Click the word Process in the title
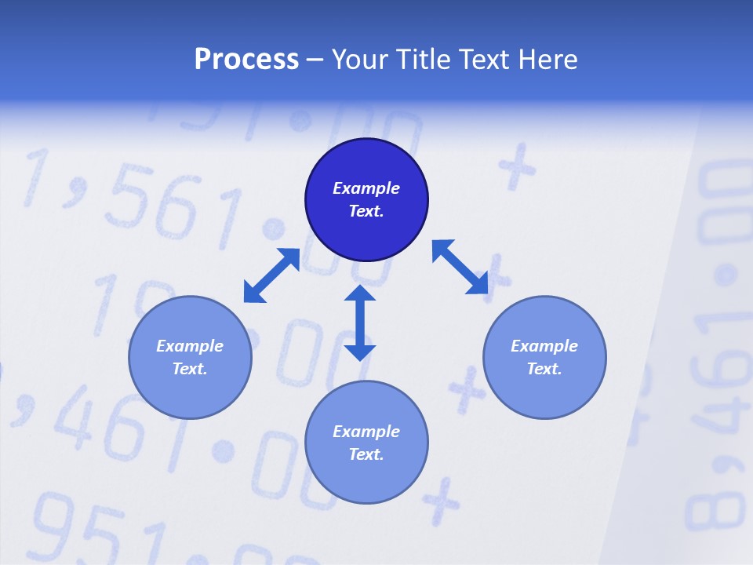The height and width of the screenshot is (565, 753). [x=246, y=60]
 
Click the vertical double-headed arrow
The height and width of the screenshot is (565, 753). [x=360, y=323]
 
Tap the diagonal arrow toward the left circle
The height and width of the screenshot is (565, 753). [x=271, y=275]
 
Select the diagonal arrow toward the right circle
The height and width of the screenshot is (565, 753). [x=460, y=267]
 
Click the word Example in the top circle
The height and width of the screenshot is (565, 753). [x=366, y=188]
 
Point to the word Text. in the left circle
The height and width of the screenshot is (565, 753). [x=190, y=369]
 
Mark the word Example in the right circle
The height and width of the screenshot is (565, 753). [x=544, y=346]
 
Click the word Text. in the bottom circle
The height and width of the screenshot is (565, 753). [x=366, y=454]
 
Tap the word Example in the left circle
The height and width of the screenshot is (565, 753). [x=190, y=346]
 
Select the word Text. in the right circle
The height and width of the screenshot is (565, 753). [x=544, y=369]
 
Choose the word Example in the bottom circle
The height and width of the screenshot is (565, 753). [x=366, y=432]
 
